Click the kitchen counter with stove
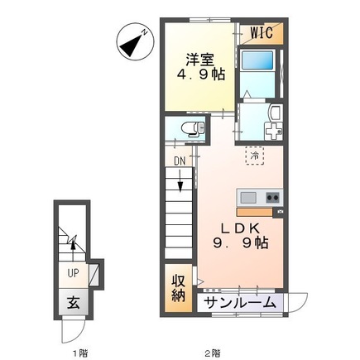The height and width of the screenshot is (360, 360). click(x=260, y=199)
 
